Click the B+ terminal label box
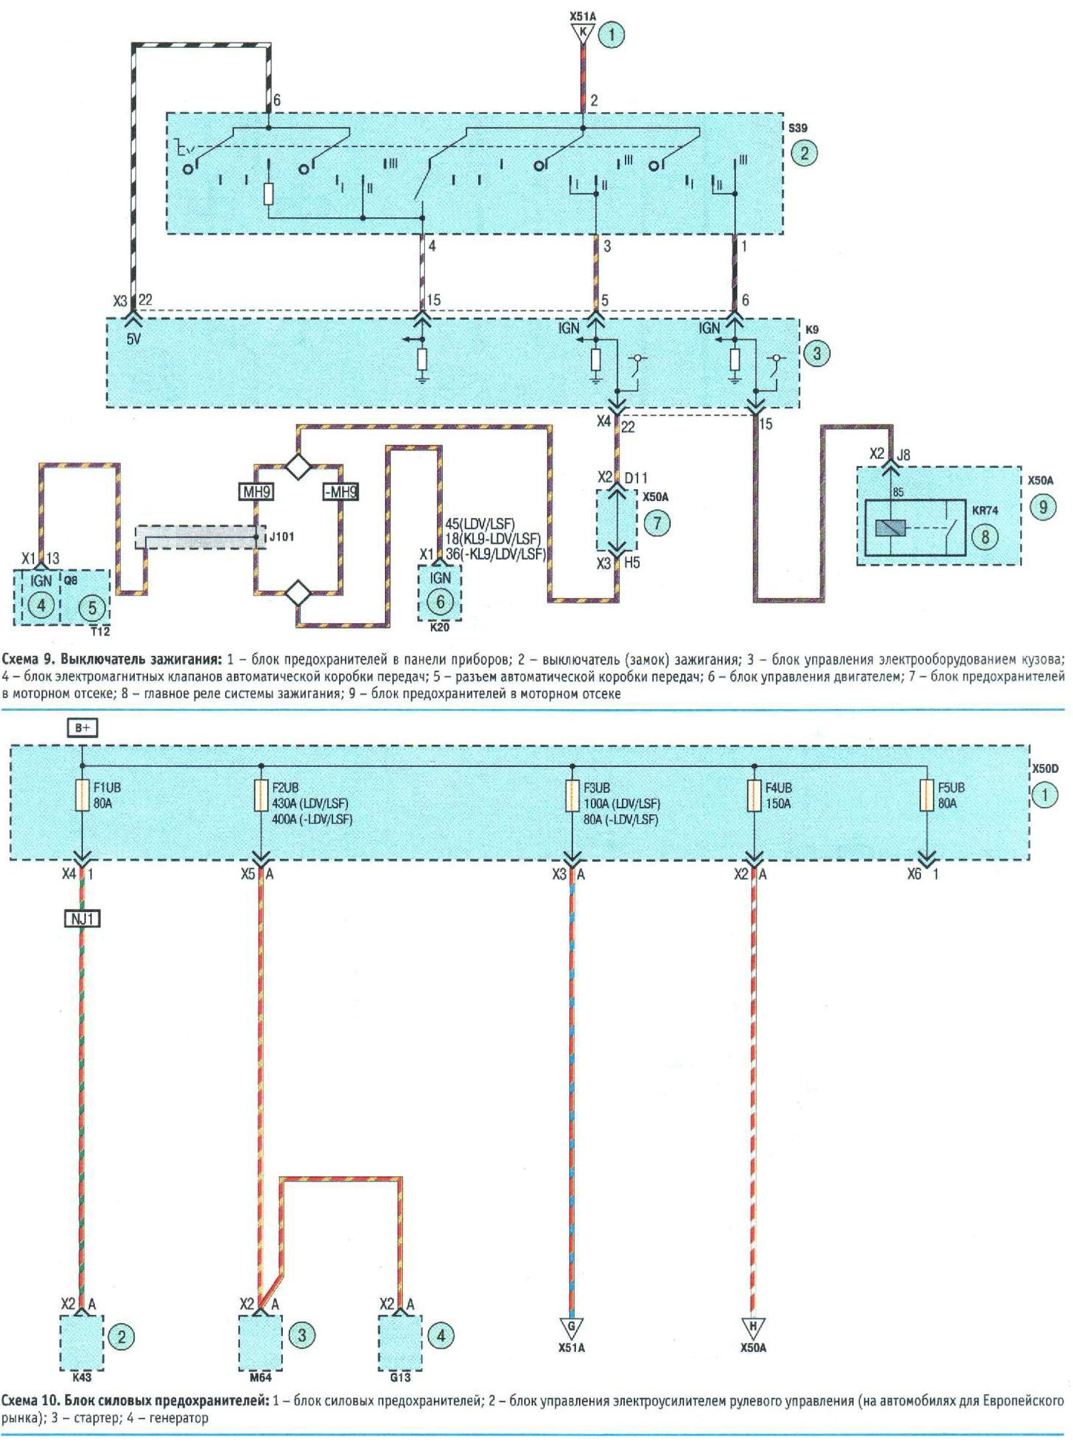pyautogui.click(x=82, y=728)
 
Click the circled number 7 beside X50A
pyautogui.click(x=657, y=523)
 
